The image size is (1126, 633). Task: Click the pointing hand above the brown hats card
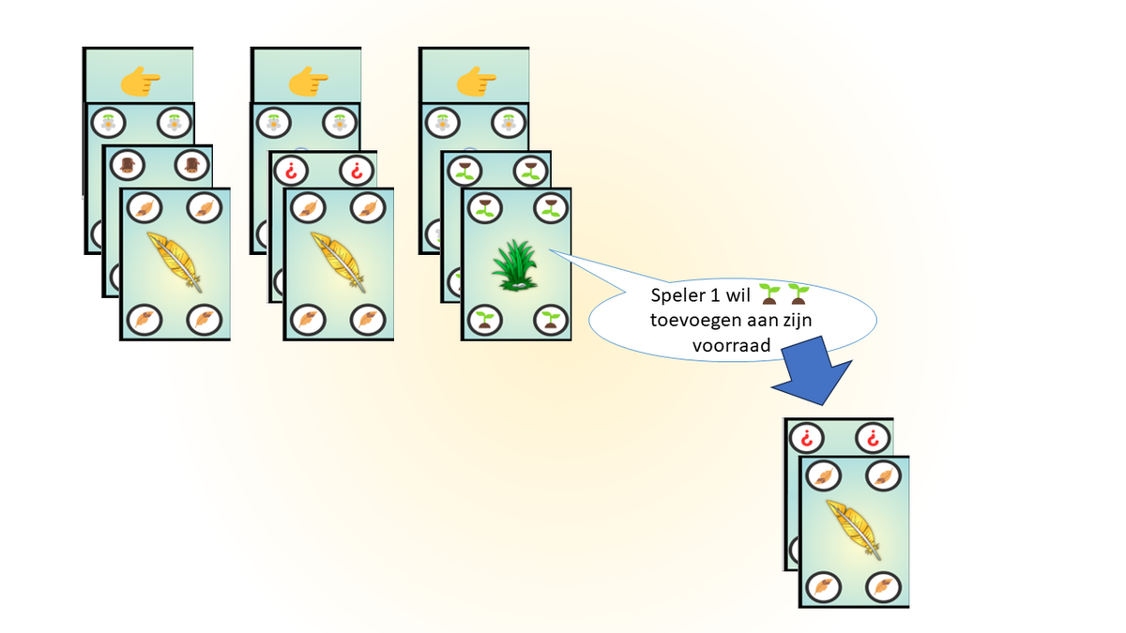click(140, 82)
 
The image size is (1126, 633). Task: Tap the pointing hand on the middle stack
click(308, 82)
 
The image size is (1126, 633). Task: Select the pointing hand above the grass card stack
click(476, 82)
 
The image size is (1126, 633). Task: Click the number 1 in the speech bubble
click(715, 296)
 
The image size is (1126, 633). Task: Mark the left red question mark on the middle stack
click(290, 172)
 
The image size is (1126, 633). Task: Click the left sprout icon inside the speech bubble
click(771, 294)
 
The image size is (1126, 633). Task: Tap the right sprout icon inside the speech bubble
click(799, 294)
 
